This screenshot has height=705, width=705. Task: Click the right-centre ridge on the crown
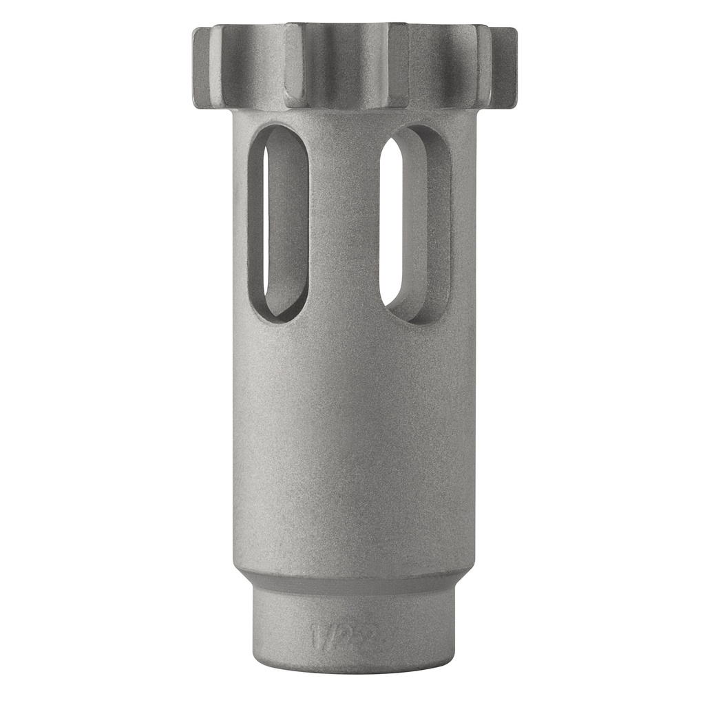398,65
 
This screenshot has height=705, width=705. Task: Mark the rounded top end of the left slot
278,134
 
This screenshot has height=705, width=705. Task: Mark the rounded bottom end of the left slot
278,313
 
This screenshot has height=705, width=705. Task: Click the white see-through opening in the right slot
390,220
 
